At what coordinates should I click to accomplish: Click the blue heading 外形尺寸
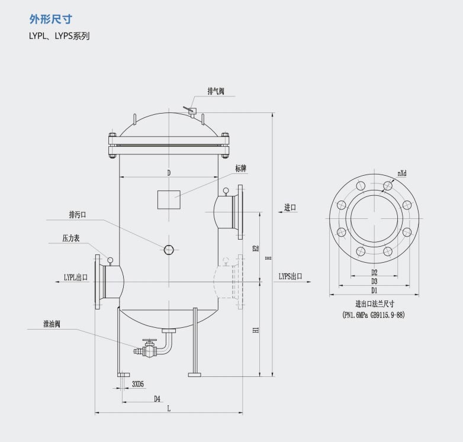pos(51,19)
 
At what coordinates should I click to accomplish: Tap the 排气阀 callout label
pos(216,91)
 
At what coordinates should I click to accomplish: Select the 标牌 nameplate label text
pos(240,169)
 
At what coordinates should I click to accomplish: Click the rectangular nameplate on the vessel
pos(169,200)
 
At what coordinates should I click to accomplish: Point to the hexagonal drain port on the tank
pos(169,250)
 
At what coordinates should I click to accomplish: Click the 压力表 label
pos(71,238)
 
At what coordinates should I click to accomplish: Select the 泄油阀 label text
pos(52,324)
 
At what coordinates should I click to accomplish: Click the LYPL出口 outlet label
pos(76,278)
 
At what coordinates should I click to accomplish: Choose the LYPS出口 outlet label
pos(291,276)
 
